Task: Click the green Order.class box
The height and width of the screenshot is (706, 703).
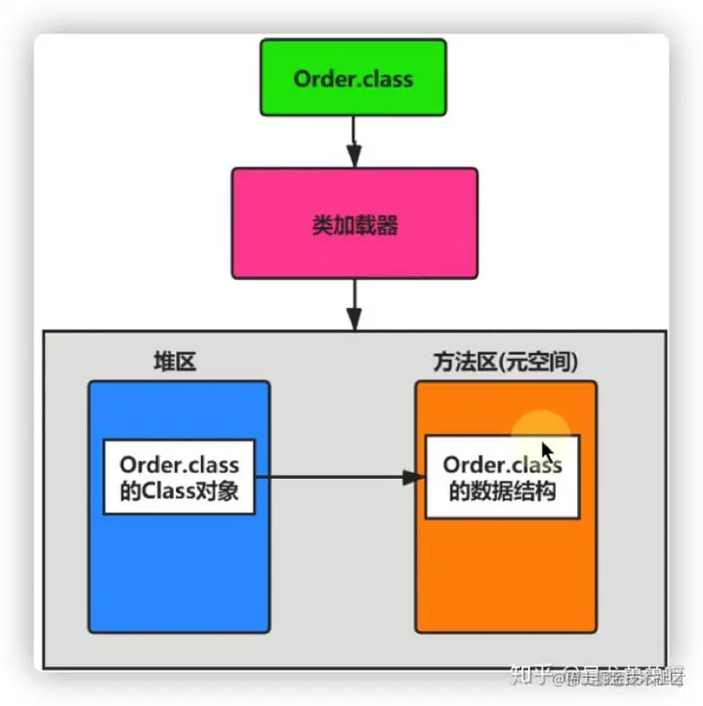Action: click(353, 78)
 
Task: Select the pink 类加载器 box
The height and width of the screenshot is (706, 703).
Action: click(354, 223)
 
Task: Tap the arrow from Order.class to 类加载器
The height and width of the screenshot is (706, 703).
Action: click(353, 140)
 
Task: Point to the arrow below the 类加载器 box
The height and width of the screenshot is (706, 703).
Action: click(353, 303)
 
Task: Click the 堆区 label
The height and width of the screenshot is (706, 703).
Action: click(175, 362)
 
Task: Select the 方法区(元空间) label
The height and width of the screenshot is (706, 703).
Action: click(505, 362)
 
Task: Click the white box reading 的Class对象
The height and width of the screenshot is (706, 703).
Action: click(180, 477)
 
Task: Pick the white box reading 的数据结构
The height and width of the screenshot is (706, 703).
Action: click(502, 477)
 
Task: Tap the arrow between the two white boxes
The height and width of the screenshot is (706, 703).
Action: click(337, 478)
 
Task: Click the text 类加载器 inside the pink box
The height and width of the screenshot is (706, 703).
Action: click(354, 225)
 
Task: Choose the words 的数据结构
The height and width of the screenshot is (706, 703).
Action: click(502, 491)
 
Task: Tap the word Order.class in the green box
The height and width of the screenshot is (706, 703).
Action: click(353, 78)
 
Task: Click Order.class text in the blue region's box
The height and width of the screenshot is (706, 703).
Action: click(179, 465)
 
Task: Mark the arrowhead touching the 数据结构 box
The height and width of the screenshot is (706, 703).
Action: click(416, 478)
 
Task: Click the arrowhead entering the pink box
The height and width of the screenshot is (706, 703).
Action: click(353, 157)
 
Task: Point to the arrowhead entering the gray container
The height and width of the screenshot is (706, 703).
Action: click(353, 320)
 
